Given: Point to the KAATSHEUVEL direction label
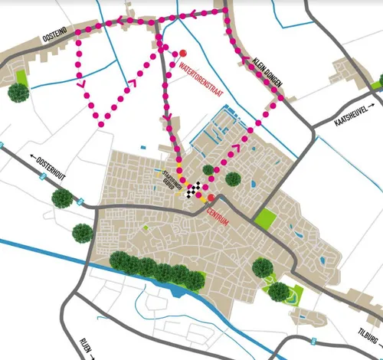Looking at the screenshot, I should [x=355, y=116].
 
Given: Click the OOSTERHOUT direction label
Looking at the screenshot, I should [x=51, y=162].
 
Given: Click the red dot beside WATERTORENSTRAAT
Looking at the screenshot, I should [x=183, y=53].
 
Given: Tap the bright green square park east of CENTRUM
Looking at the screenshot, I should [x=265, y=218].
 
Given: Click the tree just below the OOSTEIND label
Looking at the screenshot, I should [x=18, y=93].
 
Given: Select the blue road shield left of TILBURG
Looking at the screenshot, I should [x=312, y=338].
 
